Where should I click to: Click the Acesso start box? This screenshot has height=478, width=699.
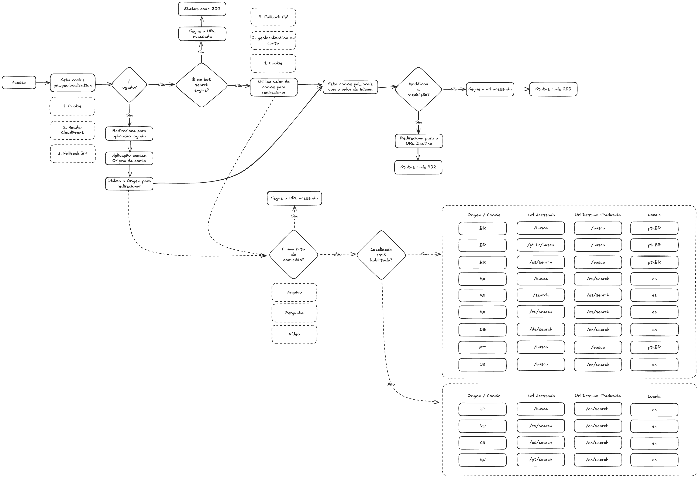click(19, 82)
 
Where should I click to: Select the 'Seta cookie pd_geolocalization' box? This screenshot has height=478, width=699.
click(72, 83)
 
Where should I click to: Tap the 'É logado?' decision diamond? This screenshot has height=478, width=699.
click(129, 85)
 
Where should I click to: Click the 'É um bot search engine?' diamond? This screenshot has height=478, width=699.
click(202, 85)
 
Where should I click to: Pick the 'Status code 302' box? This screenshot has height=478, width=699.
click(418, 167)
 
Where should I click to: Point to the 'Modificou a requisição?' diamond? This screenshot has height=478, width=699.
click(418, 89)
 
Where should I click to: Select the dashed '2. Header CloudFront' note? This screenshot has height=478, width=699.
click(72, 130)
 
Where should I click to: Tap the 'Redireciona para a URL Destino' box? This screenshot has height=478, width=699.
click(419, 141)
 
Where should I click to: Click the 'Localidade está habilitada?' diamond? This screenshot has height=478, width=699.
click(381, 255)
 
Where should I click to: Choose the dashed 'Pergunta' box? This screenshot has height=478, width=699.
click(294, 313)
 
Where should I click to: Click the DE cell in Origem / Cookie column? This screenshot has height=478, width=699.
click(482, 330)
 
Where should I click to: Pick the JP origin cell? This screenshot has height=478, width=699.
click(482, 409)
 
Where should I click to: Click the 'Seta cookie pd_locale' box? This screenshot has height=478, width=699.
click(350, 87)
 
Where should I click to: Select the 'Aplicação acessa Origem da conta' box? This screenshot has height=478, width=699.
click(129, 158)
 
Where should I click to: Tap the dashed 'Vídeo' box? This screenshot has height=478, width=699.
click(294, 334)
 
